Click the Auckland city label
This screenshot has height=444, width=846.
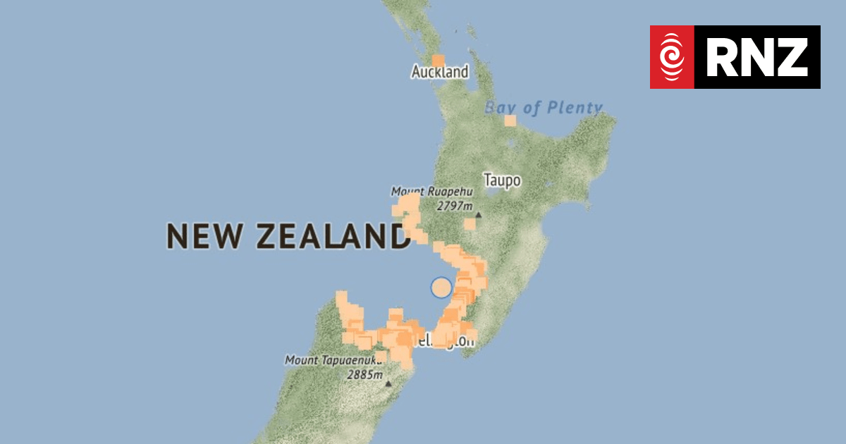point(440,72)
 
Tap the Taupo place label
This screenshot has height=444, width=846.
point(502,180)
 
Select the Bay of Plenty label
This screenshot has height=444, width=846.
point(544,108)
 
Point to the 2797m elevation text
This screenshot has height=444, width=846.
point(454,206)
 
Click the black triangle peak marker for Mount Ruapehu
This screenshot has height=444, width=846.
point(478,214)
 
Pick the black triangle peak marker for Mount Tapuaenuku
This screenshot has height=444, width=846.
point(388,383)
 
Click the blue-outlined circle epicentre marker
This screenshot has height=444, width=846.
point(441,288)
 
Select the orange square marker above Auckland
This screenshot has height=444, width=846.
point(438,61)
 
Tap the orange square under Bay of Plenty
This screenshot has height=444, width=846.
point(510,121)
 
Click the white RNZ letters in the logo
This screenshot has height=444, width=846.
point(757,57)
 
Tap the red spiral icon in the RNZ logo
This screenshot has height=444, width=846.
point(672,57)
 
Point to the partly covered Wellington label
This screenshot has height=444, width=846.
point(451,342)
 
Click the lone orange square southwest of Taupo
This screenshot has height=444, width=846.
point(470,224)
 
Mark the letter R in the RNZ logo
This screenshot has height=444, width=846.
point(721,57)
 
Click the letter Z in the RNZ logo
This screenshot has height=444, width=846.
point(793,57)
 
